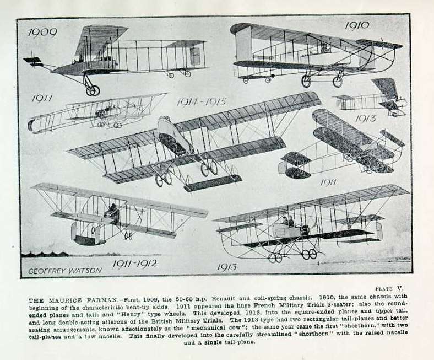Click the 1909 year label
pyautogui.click(x=42, y=33)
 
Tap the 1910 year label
pyautogui.click(x=357, y=25)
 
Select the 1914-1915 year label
pyautogui.click(x=202, y=101)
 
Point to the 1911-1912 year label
pyautogui.click(x=134, y=264)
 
